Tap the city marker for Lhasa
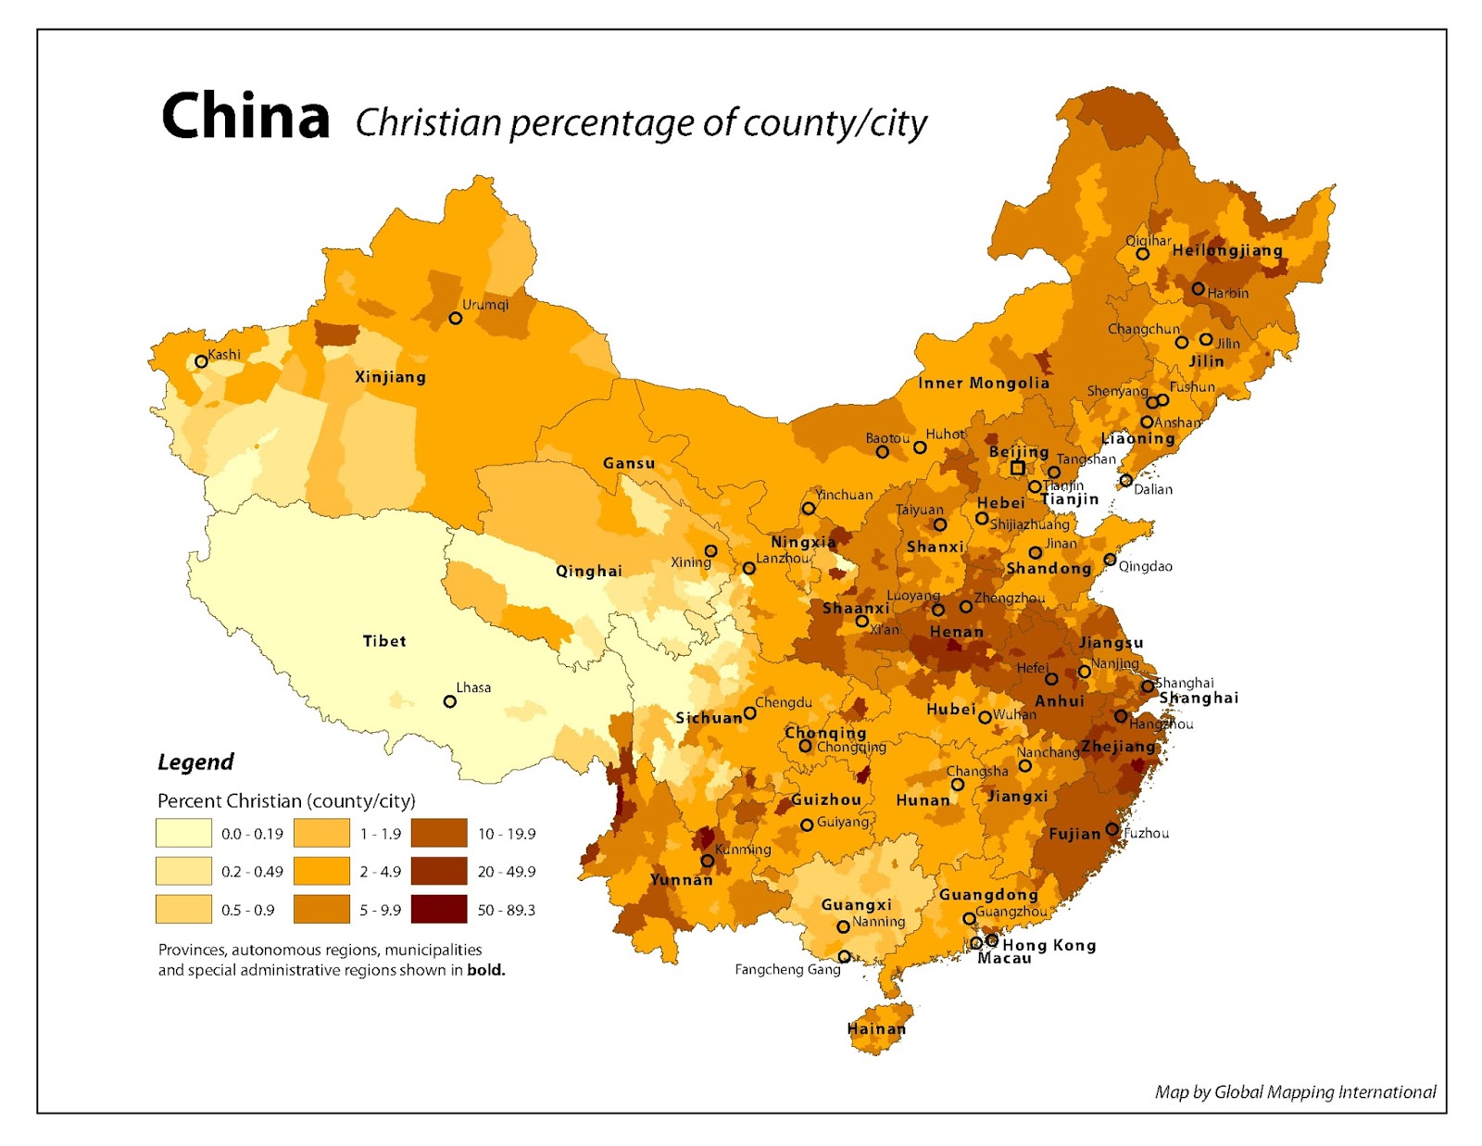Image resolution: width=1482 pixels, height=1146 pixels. click(x=450, y=701)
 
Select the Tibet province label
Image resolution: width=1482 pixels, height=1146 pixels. click(x=383, y=641)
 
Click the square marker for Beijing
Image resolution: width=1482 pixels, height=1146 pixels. click(x=1017, y=468)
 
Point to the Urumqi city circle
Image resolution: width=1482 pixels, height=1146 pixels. click(x=456, y=318)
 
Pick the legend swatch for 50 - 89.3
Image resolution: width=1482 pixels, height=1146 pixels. click(x=439, y=910)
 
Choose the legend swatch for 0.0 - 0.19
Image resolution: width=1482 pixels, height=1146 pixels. click(x=183, y=833)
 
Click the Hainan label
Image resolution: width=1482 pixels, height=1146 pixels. click(x=876, y=1028)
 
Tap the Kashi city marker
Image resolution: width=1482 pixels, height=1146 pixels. click(x=201, y=361)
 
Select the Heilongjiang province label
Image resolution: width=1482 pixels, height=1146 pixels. click(x=1227, y=250)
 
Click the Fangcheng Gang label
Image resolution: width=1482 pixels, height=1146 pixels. click(x=787, y=969)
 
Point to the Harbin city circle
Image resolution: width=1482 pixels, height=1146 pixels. click(x=1198, y=289)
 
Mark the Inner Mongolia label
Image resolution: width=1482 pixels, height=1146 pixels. click(x=984, y=383)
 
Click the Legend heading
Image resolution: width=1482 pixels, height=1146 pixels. click(x=195, y=762)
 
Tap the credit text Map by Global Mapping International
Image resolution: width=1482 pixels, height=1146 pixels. click(x=1295, y=1092)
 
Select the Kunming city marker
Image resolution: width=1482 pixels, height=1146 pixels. click(x=707, y=861)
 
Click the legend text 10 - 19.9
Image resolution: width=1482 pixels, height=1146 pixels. click(x=507, y=834)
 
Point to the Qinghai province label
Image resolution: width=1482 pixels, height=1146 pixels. click(x=588, y=571)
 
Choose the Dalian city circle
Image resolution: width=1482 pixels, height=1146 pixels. click(x=1125, y=480)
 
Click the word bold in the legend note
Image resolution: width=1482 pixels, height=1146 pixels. click(x=485, y=970)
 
